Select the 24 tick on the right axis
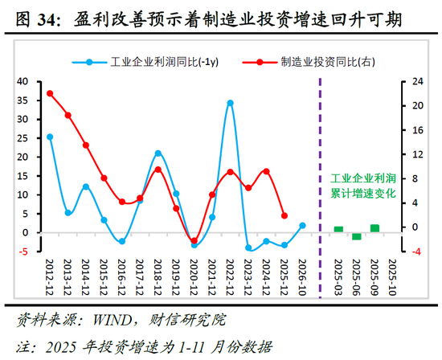click(416, 81)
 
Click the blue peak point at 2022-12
click(230, 103)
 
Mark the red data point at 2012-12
click(50, 93)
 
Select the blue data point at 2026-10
click(302, 226)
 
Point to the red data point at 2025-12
click(284, 215)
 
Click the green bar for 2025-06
click(357, 236)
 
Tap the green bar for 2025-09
click(374, 229)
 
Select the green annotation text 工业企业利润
click(363, 178)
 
